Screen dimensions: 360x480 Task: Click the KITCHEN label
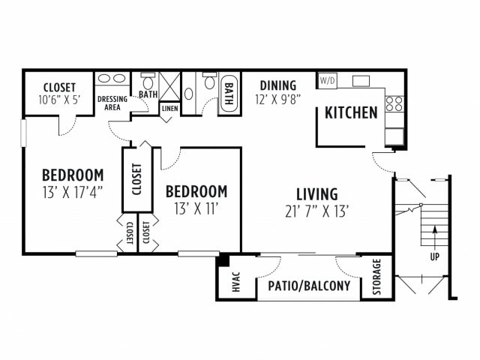tap(351, 113)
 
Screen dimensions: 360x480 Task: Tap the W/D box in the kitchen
tap(327, 80)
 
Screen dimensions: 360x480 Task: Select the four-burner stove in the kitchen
tap(394, 103)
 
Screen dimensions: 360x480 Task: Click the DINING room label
tap(278, 85)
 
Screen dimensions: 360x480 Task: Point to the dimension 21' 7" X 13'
tap(316, 211)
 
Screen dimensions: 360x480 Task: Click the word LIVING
tap(316, 194)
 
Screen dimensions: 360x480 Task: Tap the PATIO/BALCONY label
tap(309, 286)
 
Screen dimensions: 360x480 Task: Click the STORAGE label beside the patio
tap(377, 277)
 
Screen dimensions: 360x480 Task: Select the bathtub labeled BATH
tap(228, 95)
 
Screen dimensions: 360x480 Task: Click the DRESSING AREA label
tap(112, 103)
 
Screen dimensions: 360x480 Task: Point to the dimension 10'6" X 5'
tap(58, 99)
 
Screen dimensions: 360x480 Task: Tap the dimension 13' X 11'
tap(196, 207)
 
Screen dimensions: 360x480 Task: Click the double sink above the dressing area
tap(112, 78)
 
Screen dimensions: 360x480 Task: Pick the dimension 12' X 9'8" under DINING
tap(278, 99)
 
